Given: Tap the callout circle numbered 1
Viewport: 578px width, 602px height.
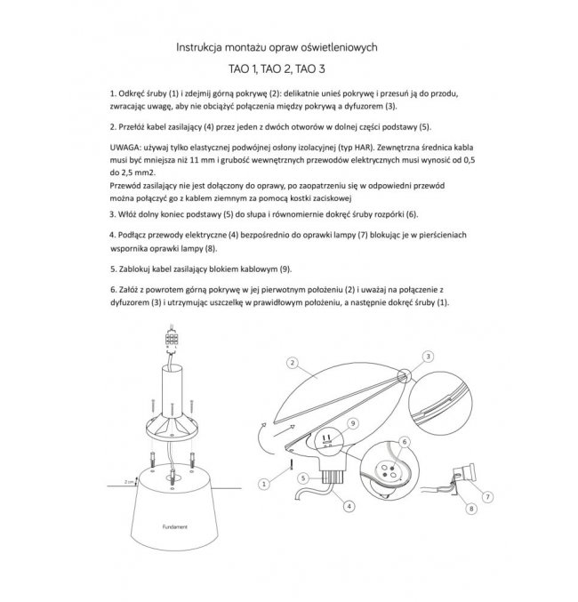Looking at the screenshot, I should (x=263, y=483).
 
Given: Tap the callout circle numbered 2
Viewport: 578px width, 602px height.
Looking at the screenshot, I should (x=291, y=363).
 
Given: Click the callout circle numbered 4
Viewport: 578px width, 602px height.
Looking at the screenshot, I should (x=349, y=506).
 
